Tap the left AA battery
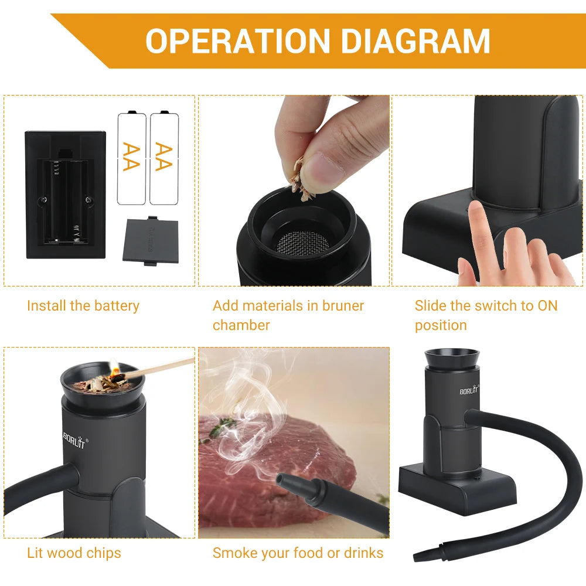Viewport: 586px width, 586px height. tap(131, 158)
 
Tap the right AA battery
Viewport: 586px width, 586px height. tap(164, 158)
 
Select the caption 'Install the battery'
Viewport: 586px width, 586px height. tap(83, 306)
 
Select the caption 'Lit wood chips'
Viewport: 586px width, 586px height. tap(74, 553)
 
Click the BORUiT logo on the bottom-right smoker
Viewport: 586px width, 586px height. tap(469, 390)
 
